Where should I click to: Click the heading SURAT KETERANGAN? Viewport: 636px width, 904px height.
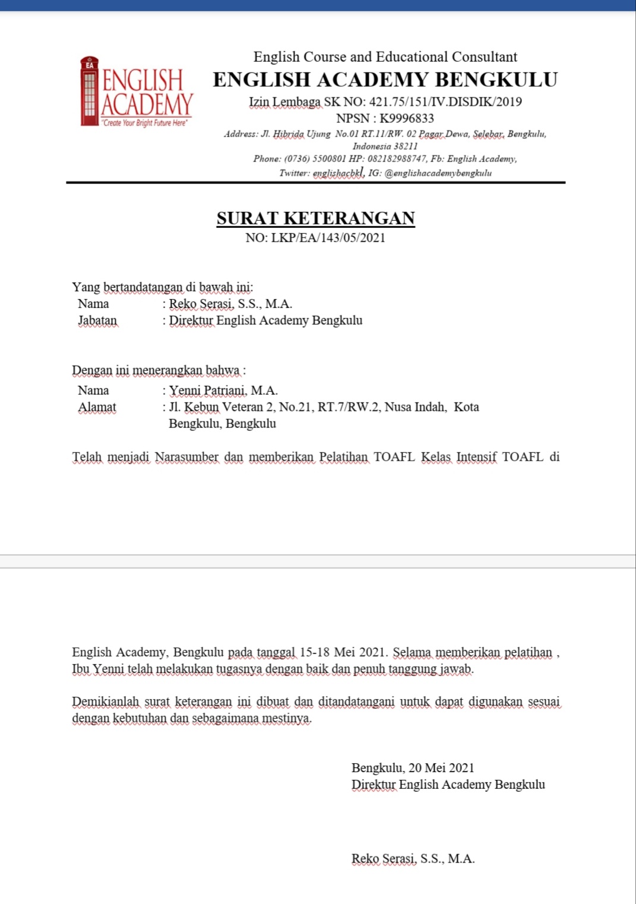coord(315,218)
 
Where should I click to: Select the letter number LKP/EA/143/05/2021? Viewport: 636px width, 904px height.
coord(328,238)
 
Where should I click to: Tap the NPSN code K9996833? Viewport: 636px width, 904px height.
coord(407,118)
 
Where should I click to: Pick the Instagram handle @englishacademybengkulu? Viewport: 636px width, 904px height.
coord(438,173)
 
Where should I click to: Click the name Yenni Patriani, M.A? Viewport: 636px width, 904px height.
coord(223,391)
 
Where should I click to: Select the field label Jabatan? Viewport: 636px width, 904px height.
coord(97,321)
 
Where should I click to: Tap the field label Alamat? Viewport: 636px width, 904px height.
coord(97,407)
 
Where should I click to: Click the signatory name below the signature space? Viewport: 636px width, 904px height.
coord(413,859)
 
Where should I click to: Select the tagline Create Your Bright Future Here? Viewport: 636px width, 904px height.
coord(145,123)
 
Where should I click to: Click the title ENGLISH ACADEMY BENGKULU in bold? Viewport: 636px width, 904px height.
coord(385,80)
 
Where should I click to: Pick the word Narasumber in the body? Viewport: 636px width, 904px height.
coord(186,457)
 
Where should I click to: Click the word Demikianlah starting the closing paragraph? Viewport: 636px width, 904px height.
coord(105,702)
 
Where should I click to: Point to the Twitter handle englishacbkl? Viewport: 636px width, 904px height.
coord(337,173)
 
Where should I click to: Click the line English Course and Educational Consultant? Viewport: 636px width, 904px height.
coord(385,57)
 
